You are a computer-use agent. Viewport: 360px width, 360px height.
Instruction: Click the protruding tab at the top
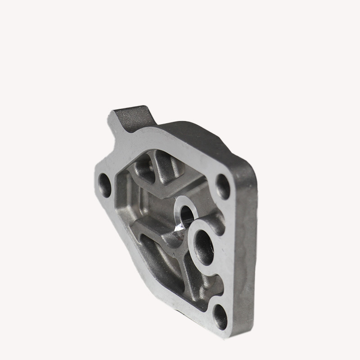(130, 118)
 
